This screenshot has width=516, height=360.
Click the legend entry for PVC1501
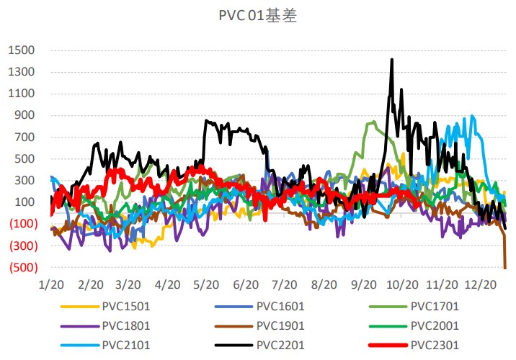coord(125,305)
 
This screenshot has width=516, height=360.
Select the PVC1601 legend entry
coord(280,305)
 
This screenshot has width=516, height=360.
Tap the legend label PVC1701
coord(435,305)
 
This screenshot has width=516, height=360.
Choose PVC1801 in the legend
coord(125,325)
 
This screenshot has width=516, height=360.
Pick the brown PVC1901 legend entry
coord(280,325)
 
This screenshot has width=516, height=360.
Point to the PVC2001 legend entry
coord(435,325)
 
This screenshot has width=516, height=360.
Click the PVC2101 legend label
coord(125,345)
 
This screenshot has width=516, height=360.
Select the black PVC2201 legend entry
coord(280,345)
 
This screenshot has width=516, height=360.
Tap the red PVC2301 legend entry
coord(435,345)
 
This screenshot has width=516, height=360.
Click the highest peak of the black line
coord(391,60)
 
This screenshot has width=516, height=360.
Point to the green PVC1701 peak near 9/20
coord(372,122)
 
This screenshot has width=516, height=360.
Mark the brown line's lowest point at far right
coord(505,268)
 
